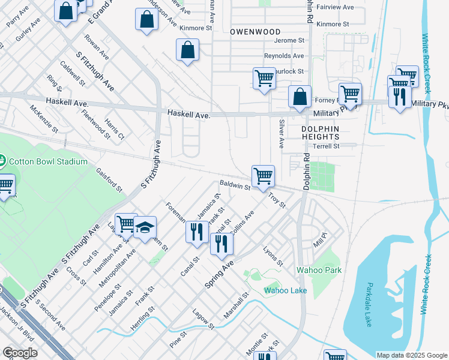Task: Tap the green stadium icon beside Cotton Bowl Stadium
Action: pos(2,161)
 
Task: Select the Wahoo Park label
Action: pos(319,270)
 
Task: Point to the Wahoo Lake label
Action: pos(286,290)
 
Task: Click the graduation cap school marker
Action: pos(145,228)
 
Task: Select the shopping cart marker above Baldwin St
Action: pos(263,176)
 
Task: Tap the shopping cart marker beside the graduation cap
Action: pos(126,224)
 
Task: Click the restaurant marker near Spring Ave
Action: pos(221,243)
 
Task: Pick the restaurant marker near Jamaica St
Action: pos(197,231)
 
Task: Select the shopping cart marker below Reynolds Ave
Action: pos(264,78)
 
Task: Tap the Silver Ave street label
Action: pos(281,133)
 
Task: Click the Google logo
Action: pos(20,353)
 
